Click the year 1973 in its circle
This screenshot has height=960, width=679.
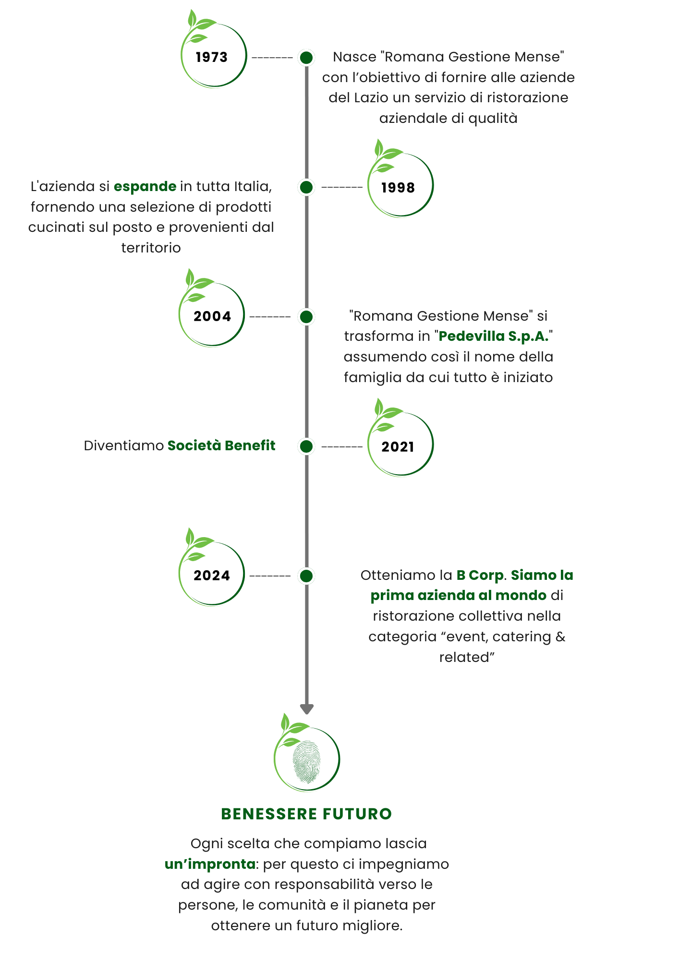tap(211, 57)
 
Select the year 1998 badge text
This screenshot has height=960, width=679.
tap(398, 187)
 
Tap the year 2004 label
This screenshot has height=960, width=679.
tap(212, 316)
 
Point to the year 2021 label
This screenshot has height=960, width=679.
tap(398, 447)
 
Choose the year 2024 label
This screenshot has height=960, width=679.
tap(212, 576)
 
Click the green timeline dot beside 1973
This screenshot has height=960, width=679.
tap(306, 58)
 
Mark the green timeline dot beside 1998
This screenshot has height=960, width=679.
tap(306, 187)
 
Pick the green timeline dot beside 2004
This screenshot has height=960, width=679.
tap(306, 317)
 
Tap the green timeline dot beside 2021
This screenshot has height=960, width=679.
tap(306, 446)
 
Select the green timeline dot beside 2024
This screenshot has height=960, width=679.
tap(306, 576)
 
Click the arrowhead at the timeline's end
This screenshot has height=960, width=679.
tap(306, 708)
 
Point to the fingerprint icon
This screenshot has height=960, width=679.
tap(306, 761)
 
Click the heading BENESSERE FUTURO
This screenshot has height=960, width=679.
tap(306, 814)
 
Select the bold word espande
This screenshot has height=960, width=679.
tap(145, 186)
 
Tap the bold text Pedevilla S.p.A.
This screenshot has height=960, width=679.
tap(493, 336)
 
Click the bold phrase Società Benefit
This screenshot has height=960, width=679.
tap(221, 445)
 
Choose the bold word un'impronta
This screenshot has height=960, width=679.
tap(210, 864)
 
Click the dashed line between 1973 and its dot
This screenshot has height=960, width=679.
tap(272, 58)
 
